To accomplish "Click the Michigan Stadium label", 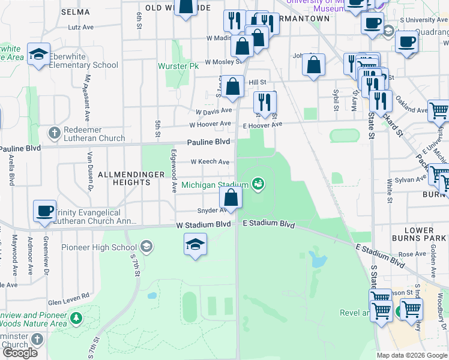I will pos(215,185).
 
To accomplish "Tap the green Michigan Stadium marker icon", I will pos(259,183).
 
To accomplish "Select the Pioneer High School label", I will pos(100,247).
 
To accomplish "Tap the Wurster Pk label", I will pos(178,66).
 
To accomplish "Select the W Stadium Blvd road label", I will pos(203,224).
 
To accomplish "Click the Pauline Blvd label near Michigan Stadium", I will pos(208,142).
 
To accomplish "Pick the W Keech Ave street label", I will pos(209,162).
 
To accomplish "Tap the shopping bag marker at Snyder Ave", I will pos(231,197).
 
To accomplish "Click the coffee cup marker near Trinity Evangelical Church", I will pos(44,211).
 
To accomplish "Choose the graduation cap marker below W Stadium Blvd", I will pos(195,244).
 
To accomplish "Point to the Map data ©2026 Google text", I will pos(412,355).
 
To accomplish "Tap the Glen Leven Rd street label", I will pos(68,295).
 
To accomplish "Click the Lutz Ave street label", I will pos(81,27).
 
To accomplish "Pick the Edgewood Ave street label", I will pos(173,171).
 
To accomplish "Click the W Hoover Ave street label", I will pos(210,124).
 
